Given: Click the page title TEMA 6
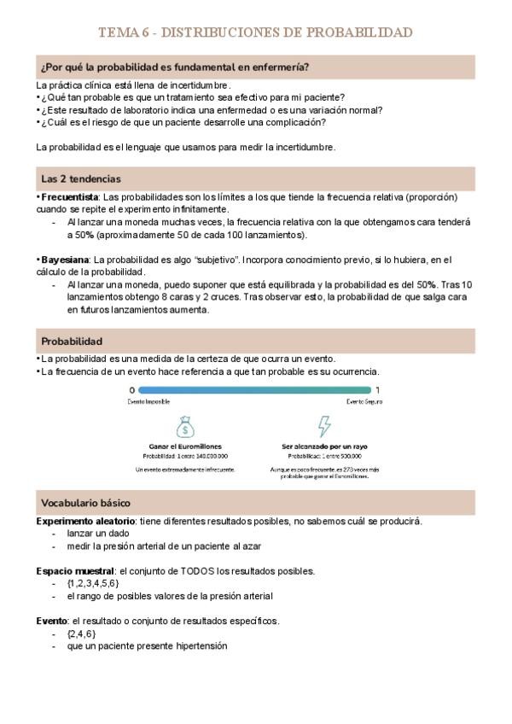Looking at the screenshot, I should (x=255, y=32).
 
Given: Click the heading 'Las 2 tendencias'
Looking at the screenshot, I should (x=80, y=179).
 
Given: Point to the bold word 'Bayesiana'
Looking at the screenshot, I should (x=65, y=259).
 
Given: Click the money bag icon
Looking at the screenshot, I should (x=186, y=424).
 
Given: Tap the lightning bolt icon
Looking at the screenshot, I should (x=325, y=424).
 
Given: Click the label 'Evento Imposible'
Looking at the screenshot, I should (x=150, y=400).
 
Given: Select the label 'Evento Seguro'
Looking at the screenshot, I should (x=363, y=400).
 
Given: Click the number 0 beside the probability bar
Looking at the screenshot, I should (x=131, y=390).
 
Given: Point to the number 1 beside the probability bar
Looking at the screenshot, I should (x=377, y=390).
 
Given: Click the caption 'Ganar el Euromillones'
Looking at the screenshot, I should (x=185, y=447).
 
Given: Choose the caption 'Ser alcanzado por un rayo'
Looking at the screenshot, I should (x=325, y=447).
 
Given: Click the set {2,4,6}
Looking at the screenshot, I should (x=80, y=633).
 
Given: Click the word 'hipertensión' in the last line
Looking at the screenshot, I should (x=200, y=646).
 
